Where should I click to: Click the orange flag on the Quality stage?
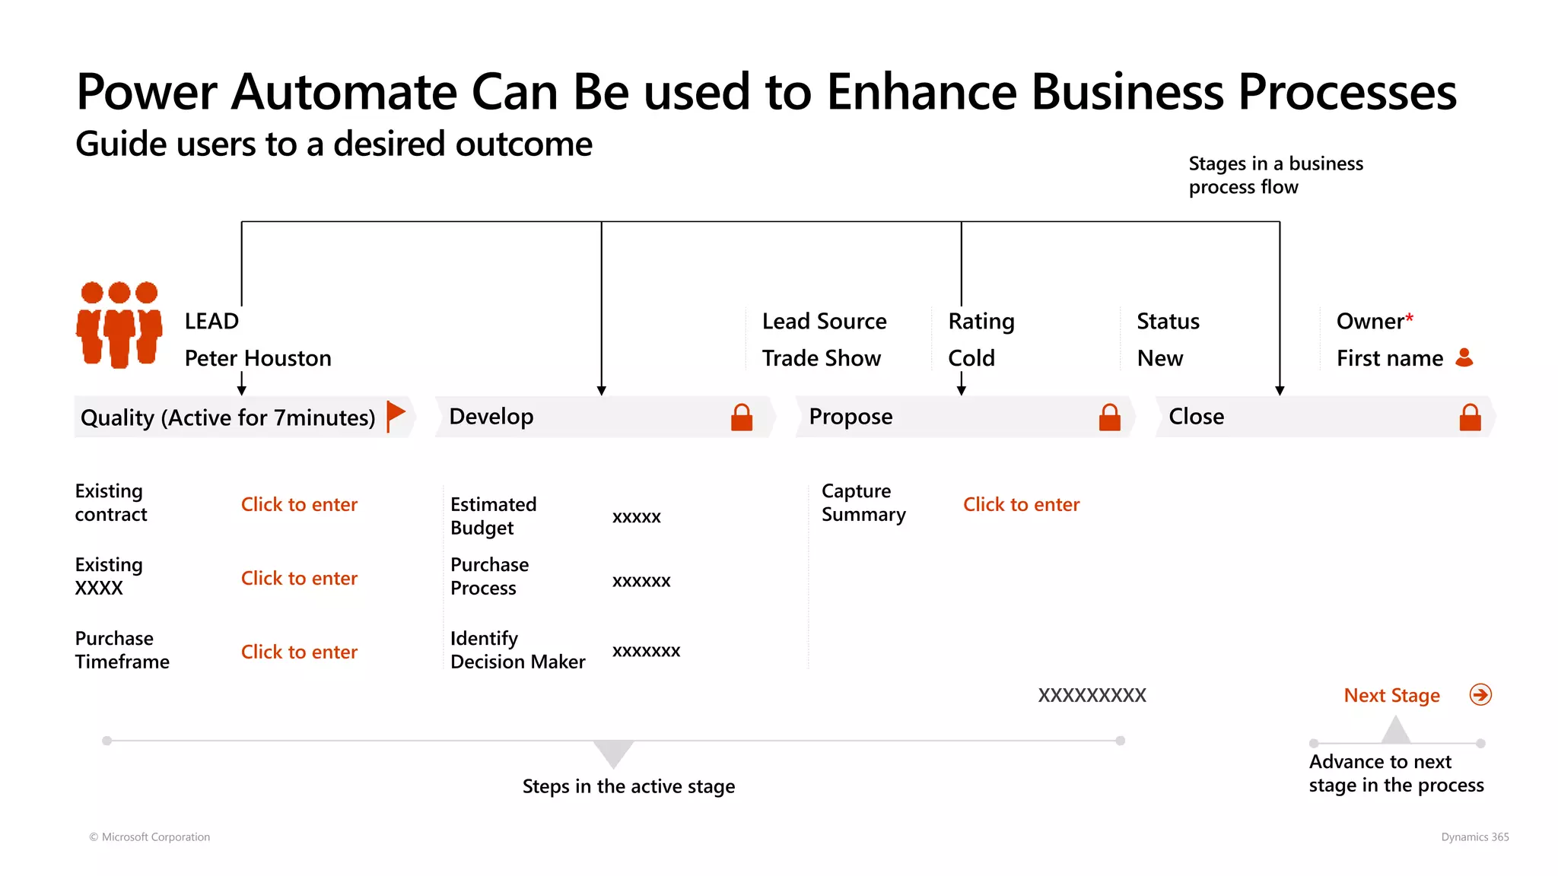(x=396, y=415)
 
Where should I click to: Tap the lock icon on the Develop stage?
(x=742, y=417)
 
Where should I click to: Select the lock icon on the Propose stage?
(x=1110, y=417)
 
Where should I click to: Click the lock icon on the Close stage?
(x=1471, y=417)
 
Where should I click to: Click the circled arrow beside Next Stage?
(x=1480, y=694)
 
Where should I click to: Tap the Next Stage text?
(x=1391, y=696)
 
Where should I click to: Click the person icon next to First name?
(x=1464, y=357)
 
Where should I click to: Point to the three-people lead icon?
(x=119, y=325)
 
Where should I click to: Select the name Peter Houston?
(x=258, y=358)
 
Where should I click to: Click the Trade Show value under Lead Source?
(x=822, y=358)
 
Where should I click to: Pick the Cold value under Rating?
(x=971, y=358)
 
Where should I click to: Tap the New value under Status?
(x=1160, y=358)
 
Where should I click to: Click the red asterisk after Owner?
(x=1410, y=318)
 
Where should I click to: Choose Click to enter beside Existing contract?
(x=299, y=504)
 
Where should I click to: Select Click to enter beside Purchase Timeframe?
(x=299, y=652)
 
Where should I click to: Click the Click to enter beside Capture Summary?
(x=1021, y=504)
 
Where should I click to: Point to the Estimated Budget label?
(x=493, y=516)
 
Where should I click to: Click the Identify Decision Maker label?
(x=517, y=649)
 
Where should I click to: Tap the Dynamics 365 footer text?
(x=1474, y=836)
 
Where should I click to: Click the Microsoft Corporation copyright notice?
(x=150, y=836)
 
